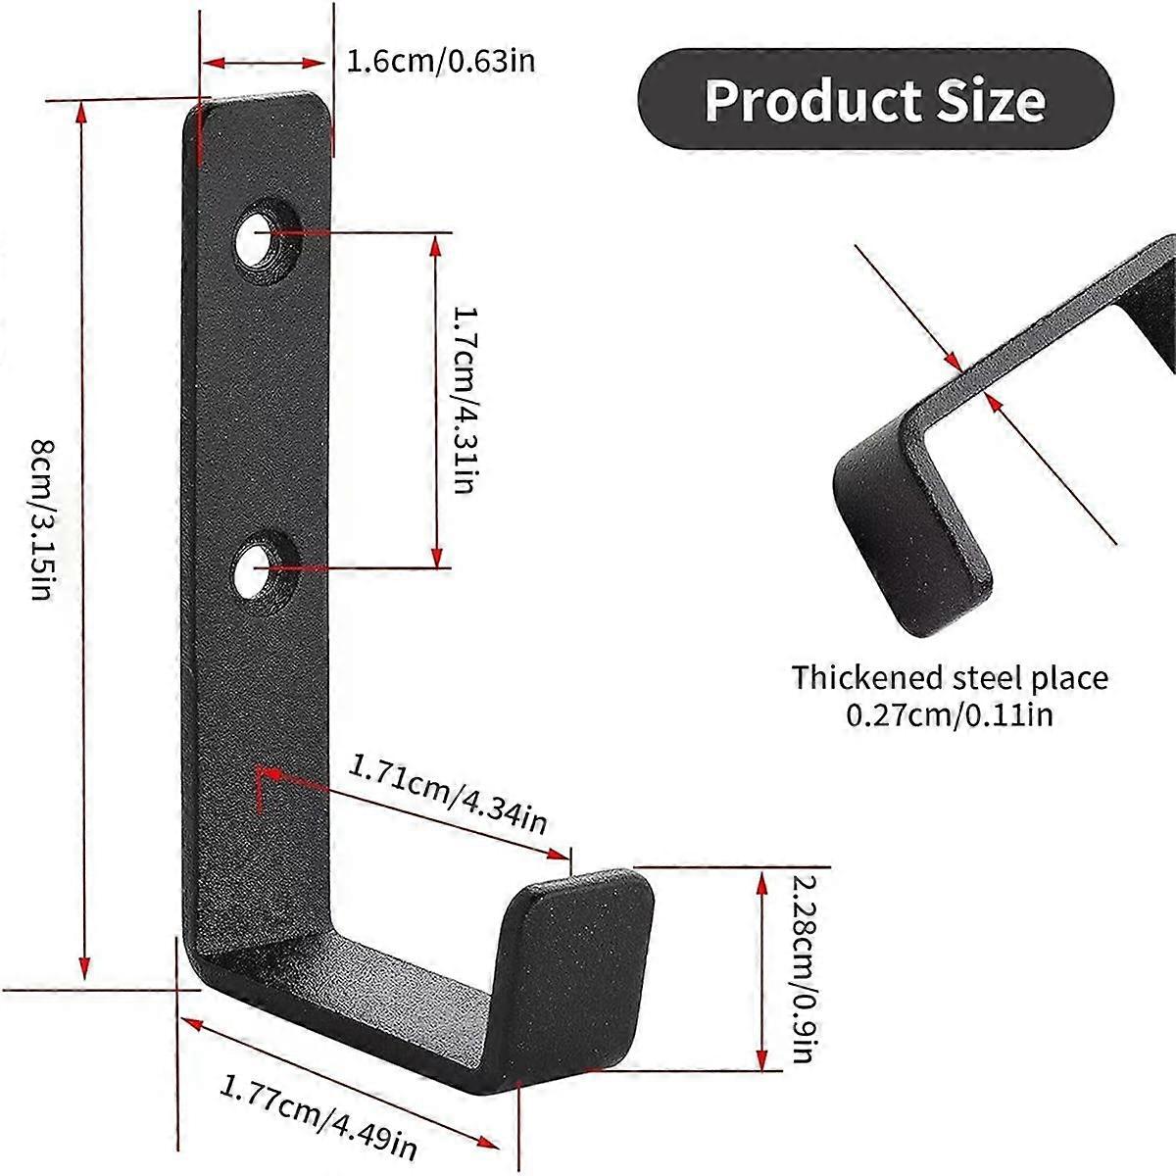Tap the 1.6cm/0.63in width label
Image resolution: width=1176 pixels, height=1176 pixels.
[441, 62]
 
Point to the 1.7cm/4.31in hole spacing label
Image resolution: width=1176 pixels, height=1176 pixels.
[465, 399]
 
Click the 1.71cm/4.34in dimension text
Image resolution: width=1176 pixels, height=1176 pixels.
[448, 793]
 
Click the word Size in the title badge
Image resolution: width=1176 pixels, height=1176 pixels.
[990, 101]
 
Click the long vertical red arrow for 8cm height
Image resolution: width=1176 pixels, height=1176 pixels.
[84, 539]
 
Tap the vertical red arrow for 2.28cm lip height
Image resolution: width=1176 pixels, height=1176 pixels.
[762, 970]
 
